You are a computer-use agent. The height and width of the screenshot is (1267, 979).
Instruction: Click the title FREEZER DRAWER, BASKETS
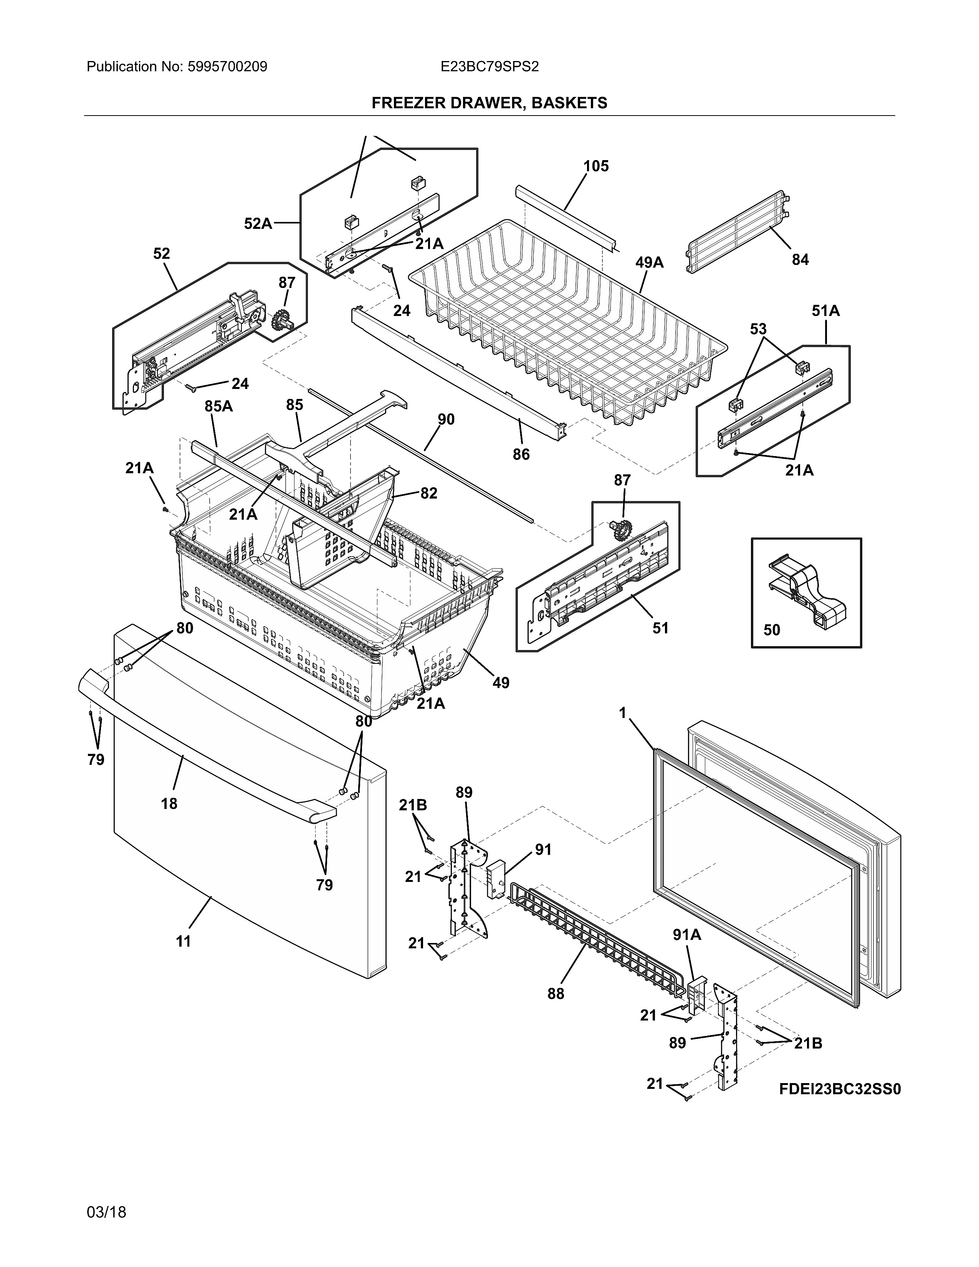click(x=489, y=103)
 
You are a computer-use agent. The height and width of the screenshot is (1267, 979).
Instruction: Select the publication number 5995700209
click(x=227, y=67)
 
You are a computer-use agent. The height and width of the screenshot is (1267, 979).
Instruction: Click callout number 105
click(x=595, y=167)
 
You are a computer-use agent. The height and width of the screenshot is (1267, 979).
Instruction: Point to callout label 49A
click(x=649, y=263)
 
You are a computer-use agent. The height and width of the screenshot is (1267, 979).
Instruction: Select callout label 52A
click(x=258, y=223)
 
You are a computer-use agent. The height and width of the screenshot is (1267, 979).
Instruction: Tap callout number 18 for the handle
click(x=169, y=804)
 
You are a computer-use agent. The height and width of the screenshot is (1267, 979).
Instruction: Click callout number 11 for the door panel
click(x=183, y=941)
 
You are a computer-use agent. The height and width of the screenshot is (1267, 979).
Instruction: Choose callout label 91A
click(x=687, y=935)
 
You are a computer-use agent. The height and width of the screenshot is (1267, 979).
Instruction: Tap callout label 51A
click(x=825, y=311)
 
